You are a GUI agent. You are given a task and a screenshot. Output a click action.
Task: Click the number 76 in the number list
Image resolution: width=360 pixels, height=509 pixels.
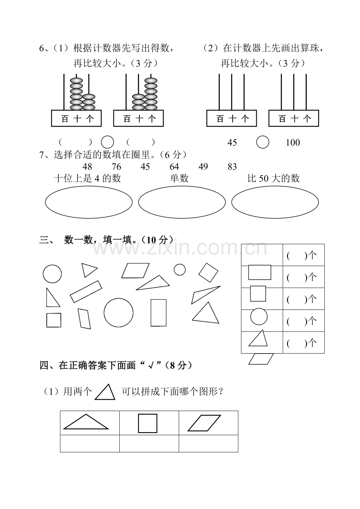(x=116, y=167)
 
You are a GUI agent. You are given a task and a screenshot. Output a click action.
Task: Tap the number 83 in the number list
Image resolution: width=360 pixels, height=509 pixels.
(x=232, y=167)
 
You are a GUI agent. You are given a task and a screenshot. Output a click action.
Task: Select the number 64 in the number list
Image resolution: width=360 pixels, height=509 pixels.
(x=174, y=167)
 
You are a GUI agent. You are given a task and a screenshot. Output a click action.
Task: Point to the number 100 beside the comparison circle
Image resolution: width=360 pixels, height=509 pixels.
(x=293, y=143)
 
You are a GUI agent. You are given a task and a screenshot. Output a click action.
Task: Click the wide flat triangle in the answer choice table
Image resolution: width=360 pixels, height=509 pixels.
(x=86, y=429)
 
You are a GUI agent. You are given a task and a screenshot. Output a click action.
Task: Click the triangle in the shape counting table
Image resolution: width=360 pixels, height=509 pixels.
(x=258, y=346)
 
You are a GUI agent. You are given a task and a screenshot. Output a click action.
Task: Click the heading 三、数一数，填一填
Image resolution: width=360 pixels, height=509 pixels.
(x=106, y=240)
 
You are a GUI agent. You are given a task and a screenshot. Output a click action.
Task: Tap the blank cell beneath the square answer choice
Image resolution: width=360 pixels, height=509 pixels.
(x=149, y=444)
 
